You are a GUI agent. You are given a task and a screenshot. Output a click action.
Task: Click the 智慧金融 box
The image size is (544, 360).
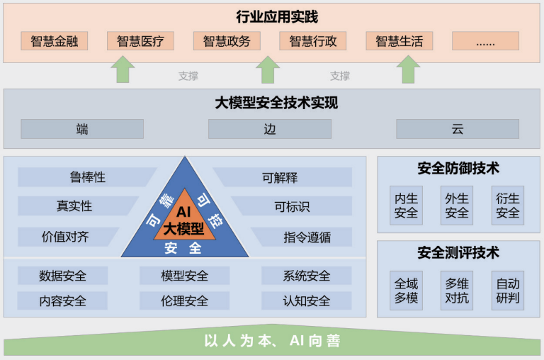pos(55,41)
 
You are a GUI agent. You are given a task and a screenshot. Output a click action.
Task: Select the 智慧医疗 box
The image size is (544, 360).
pos(140,41)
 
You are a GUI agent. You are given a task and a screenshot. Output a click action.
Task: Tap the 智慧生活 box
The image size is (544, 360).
pos(399,41)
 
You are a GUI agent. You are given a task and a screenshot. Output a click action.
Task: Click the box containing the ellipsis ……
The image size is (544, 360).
pos(485,41)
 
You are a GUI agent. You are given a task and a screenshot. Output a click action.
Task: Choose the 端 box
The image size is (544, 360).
pos(82,129)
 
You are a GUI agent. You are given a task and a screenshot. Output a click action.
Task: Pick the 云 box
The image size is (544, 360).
pos(457,129)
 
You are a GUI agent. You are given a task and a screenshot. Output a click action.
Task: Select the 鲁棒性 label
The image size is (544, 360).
pos(87,177)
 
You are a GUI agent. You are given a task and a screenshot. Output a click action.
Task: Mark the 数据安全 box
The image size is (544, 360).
pos(62,276)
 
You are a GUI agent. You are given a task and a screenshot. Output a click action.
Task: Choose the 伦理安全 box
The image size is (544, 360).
pos(184,300)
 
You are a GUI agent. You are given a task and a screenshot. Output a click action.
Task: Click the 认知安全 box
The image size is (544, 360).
pos(307,300)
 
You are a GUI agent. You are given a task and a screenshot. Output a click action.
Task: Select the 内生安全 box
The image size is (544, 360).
pos(407,206)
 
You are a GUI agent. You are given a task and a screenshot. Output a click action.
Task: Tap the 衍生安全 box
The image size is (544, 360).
pos(508,206)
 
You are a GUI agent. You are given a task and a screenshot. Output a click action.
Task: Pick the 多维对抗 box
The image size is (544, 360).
pos(457,291)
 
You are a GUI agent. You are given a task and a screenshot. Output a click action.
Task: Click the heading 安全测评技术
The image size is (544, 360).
pos(458,252)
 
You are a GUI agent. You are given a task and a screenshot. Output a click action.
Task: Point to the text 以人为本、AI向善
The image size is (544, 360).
pos(273,342)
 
